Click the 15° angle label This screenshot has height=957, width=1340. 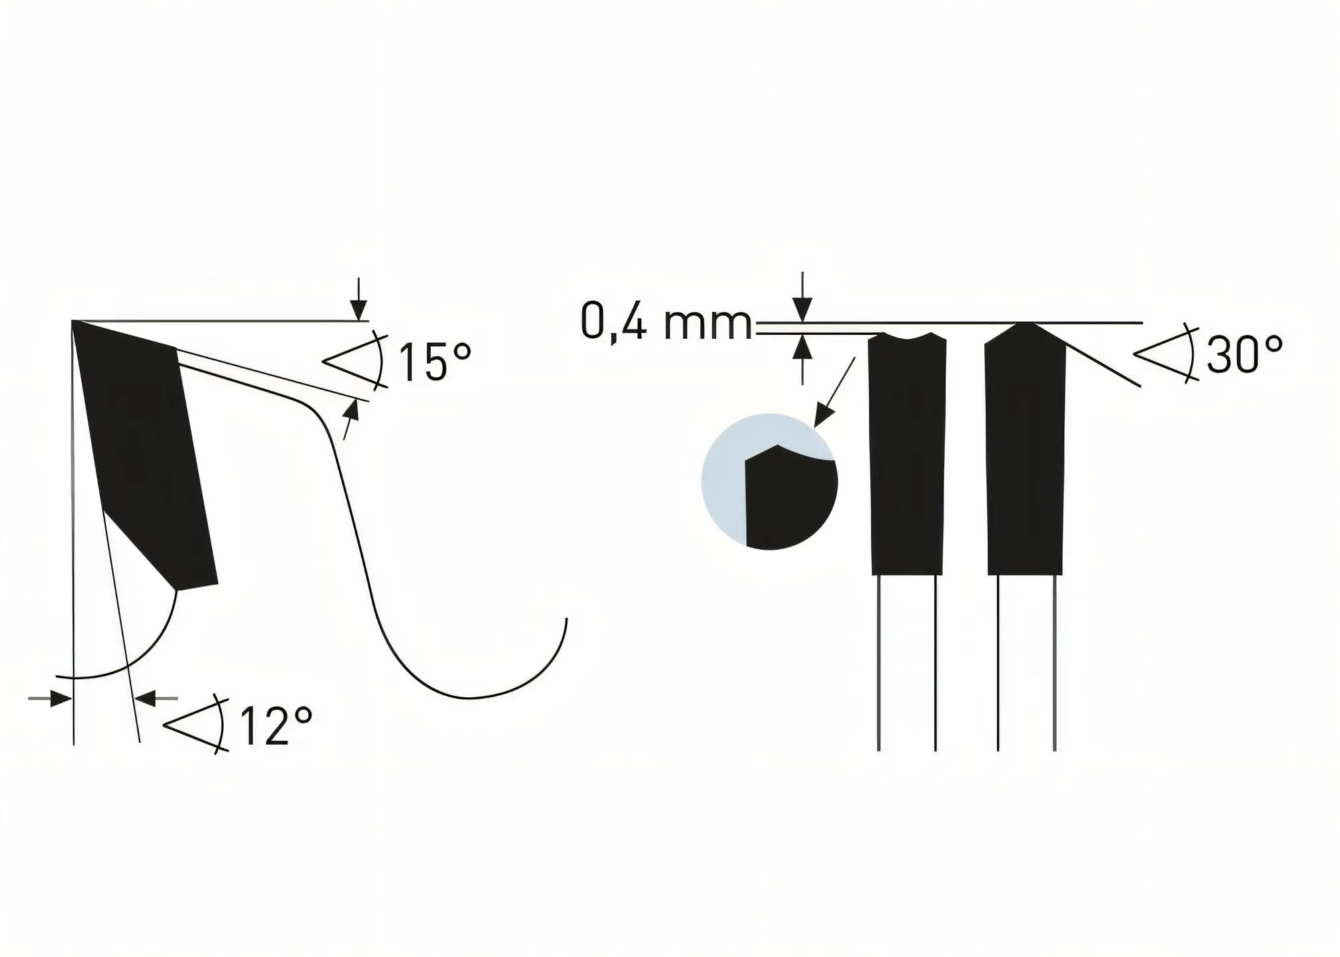pyautogui.click(x=435, y=362)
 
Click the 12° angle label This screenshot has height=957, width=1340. pyautogui.click(x=275, y=726)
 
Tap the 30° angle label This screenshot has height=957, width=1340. pyautogui.click(x=1244, y=354)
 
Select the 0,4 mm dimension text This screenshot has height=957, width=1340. pyautogui.click(x=666, y=322)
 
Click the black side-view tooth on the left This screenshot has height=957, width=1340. pyautogui.click(x=147, y=455)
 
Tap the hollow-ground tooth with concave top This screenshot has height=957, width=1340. pyautogui.click(x=907, y=455)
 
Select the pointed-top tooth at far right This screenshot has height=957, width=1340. pyautogui.click(x=1025, y=455)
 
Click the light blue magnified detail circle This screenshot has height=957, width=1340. pyautogui.click(x=769, y=482)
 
